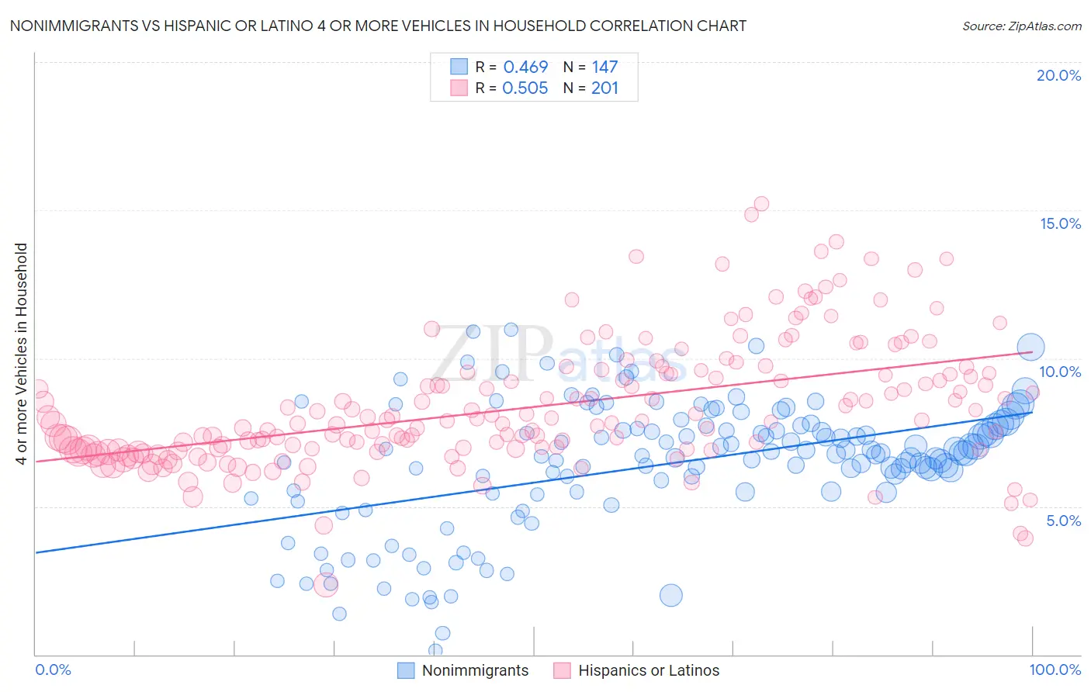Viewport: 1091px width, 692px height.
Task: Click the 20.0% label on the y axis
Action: [x=1058, y=75]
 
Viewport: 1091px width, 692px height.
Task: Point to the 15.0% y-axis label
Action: [x=1060, y=223]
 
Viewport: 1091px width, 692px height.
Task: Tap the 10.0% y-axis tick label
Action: [x=1060, y=372]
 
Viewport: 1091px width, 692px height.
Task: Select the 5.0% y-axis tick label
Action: [x=1063, y=521]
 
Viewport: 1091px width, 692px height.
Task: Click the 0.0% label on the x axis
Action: [x=53, y=670]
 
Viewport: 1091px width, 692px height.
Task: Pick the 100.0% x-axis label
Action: [x=1055, y=670]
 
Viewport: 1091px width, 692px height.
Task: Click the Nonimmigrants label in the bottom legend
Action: [x=475, y=670]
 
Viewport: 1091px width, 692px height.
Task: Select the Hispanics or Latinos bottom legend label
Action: [x=649, y=670]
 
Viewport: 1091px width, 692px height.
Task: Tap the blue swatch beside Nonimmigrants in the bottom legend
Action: [x=406, y=670]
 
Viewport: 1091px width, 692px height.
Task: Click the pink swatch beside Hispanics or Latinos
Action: [x=562, y=670]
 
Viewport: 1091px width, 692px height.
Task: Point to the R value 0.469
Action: [x=525, y=67]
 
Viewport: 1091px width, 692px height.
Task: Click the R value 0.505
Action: [x=525, y=88]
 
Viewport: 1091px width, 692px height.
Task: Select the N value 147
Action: [x=604, y=67]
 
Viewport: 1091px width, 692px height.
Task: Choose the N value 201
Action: [x=604, y=88]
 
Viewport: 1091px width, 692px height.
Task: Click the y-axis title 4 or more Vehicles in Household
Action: [x=22, y=354]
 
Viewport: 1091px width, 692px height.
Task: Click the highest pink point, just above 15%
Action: [x=761, y=204]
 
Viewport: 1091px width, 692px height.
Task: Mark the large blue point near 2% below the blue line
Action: [x=671, y=595]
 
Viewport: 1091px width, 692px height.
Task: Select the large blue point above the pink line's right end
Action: [x=1030, y=348]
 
